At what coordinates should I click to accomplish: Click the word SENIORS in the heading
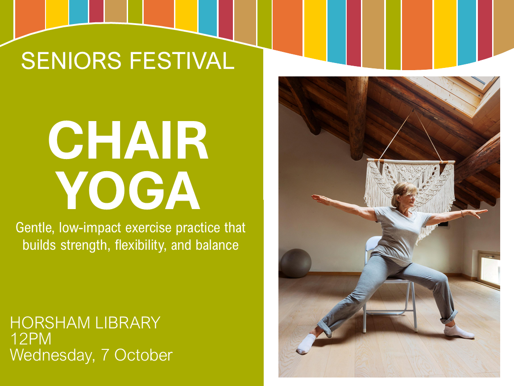(x=71, y=61)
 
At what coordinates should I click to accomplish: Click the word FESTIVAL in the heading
(x=182, y=61)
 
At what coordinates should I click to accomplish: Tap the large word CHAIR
(x=128, y=140)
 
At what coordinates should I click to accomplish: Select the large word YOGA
(x=129, y=191)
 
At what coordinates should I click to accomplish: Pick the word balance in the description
(x=217, y=245)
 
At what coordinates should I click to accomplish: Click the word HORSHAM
(x=50, y=323)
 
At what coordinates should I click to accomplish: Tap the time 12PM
(x=31, y=339)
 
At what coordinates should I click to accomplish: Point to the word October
(x=143, y=355)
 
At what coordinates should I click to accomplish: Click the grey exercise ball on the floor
(x=295, y=263)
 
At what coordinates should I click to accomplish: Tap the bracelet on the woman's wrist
(x=461, y=214)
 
